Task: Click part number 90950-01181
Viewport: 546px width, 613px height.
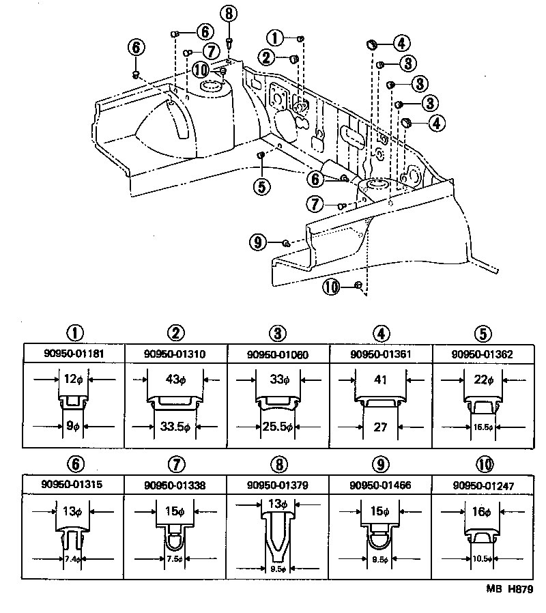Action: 74,354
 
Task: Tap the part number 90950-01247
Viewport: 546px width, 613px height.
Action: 483,485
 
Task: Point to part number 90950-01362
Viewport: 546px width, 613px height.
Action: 483,354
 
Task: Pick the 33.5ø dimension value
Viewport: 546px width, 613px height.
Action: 176,427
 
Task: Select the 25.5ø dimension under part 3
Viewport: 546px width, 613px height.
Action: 278,427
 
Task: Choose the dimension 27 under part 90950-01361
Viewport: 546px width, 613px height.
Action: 380,427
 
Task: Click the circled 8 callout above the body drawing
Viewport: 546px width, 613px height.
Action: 229,13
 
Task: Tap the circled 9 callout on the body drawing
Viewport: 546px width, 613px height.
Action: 257,241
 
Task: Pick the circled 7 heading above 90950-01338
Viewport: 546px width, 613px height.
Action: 176,464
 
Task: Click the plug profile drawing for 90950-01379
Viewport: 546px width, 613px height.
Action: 278,532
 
